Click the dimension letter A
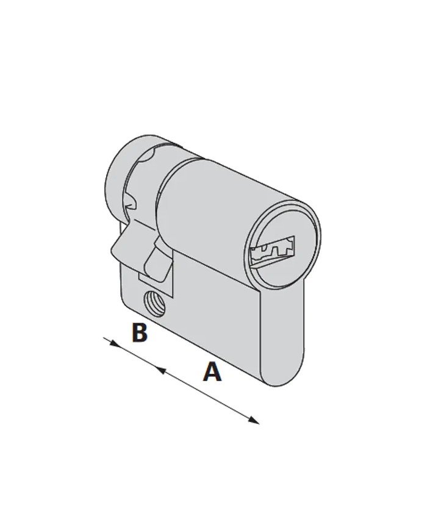click(x=212, y=371)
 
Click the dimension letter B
click(x=140, y=332)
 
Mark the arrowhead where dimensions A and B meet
click(x=160, y=370)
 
